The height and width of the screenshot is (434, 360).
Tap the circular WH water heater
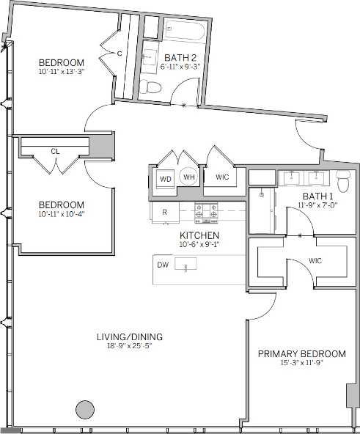pos(188,177)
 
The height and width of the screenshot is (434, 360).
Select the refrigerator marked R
pos(165,212)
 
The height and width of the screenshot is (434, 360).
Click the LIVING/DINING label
pos(129,337)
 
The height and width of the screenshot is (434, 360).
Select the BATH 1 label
pos(316,196)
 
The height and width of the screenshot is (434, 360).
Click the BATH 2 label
pos(179,57)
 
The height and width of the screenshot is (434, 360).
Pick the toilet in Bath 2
pos(153,88)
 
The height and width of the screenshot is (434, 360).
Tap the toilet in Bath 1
pos(342,177)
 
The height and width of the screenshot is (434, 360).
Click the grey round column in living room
pos(86,409)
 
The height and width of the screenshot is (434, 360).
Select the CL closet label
pos(55,151)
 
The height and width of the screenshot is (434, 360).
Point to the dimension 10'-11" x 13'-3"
pos(51,72)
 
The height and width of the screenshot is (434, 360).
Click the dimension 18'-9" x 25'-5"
pos(129,347)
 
